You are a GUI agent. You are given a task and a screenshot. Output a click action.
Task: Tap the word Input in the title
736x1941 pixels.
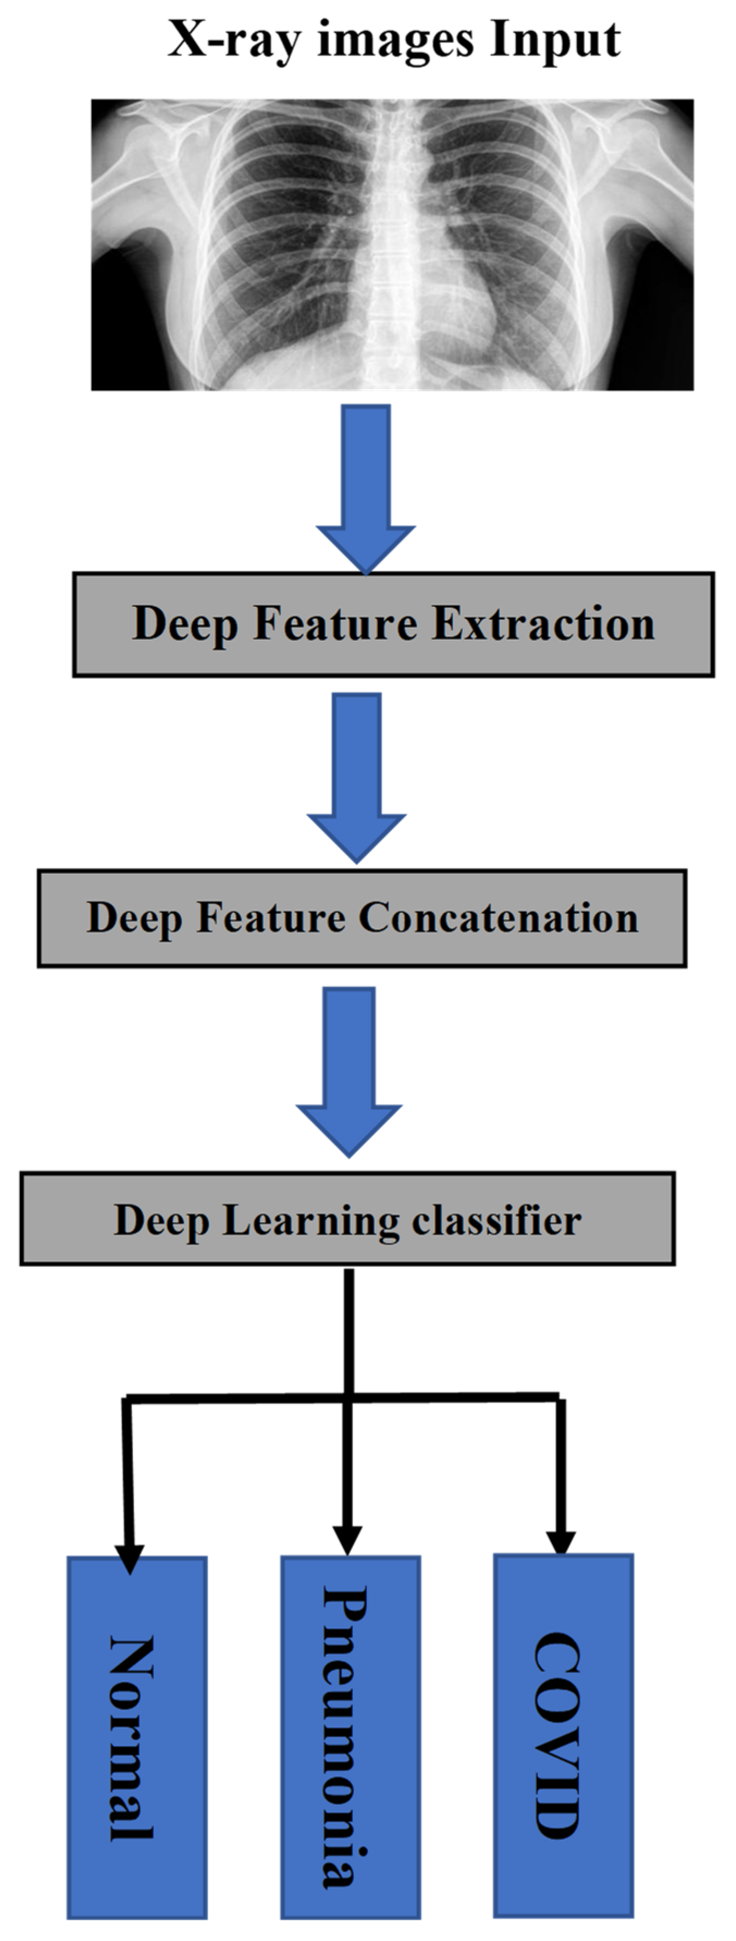pyautogui.click(x=555, y=39)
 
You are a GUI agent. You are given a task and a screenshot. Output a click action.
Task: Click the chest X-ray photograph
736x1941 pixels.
pyautogui.click(x=392, y=245)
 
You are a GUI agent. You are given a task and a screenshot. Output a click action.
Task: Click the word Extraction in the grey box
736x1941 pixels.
pyautogui.click(x=543, y=624)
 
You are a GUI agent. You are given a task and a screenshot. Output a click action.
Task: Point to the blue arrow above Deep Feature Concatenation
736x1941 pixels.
pyautogui.click(x=356, y=776)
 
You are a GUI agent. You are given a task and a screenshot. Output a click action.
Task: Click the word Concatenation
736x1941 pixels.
pyautogui.click(x=498, y=918)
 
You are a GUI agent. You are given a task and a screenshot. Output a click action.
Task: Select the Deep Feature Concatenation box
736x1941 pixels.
pyautogui.click(x=362, y=918)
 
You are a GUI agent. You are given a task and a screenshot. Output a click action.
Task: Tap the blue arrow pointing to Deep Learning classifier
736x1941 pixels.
pyautogui.click(x=349, y=1070)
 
